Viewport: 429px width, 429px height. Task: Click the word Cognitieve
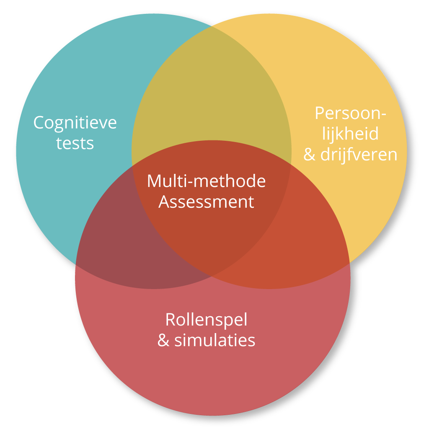point(75,123)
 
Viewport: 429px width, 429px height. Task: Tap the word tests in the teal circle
point(75,143)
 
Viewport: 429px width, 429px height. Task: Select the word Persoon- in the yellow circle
point(350,114)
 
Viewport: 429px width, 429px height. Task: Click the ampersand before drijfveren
point(309,155)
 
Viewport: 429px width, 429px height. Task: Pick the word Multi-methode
point(206,181)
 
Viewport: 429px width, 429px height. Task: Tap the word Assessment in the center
point(206,202)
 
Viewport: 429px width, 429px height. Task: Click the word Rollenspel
point(206,320)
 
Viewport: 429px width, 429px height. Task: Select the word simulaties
point(214,340)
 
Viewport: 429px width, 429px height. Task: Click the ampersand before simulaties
point(163,341)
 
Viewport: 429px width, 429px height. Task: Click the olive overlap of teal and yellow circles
point(212,84)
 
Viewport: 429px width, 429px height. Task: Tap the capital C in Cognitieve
point(39,123)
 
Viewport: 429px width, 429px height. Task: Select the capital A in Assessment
point(164,202)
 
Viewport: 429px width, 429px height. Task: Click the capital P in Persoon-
point(320,114)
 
